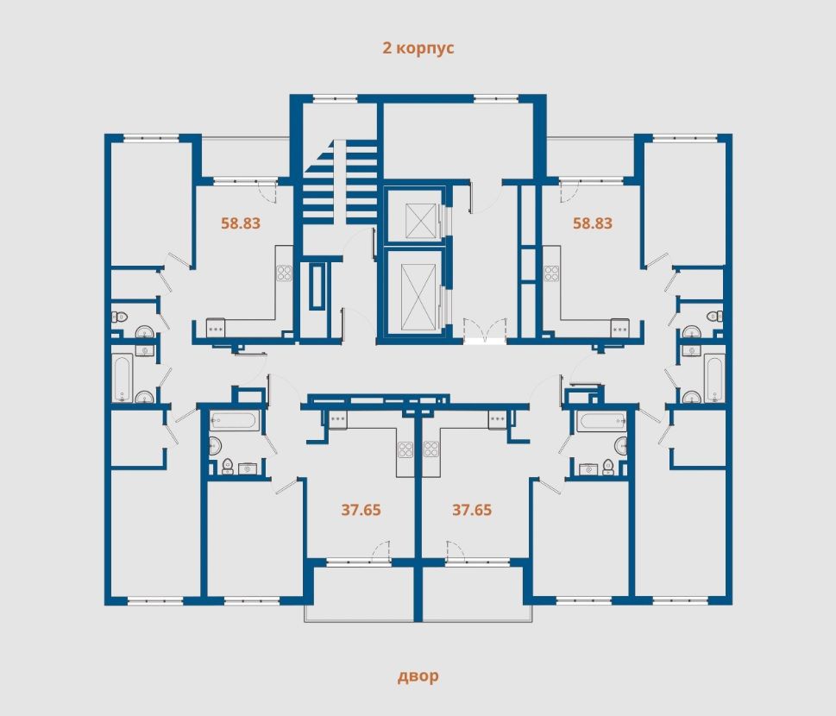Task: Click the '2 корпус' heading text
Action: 418,48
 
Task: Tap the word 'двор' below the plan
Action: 418,676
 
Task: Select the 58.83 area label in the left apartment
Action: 241,223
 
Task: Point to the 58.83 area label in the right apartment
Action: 593,223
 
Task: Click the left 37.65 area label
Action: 361,510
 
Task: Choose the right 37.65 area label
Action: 472,510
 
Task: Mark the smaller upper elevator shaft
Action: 421,220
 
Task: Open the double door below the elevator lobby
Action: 484,330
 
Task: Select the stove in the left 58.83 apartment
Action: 284,273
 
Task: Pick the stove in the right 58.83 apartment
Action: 551,273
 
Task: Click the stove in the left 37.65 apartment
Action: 405,449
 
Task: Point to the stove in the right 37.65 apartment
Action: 431,449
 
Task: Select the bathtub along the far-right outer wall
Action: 713,378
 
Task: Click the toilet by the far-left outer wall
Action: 119,317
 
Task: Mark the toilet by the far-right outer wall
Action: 715,317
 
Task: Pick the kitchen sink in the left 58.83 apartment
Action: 216,327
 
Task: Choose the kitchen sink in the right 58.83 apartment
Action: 619,327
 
